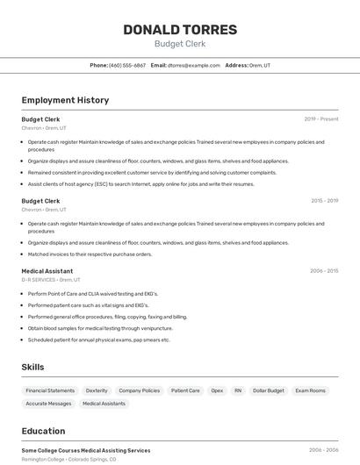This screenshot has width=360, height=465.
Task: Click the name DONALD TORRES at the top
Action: tap(180, 30)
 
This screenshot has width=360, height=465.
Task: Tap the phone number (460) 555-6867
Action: tap(127, 65)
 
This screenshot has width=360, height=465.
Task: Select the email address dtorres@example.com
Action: tap(194, 65)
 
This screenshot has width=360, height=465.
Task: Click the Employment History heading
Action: tap(65, 100)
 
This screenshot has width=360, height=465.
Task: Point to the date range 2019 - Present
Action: tap(321, 119)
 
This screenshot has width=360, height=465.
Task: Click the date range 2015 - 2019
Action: tap(324, 201)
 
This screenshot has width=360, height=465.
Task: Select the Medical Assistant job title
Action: tap(47, 271)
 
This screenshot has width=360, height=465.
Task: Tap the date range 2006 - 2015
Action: tap(324, 271)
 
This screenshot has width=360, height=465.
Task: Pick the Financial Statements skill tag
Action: tap(50, 390)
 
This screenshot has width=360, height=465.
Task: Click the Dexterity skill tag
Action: tap(97, 390)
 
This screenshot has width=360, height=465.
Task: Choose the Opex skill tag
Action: tap(217, 390)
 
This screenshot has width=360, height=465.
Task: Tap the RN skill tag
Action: tap(238, 390)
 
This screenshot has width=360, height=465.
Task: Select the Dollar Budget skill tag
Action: tap(269, 390)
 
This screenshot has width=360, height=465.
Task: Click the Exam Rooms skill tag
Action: tap(310, 390)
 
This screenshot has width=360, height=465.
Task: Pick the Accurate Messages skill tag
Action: tap(48, 404)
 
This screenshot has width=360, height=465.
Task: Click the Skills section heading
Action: tap(33, 367)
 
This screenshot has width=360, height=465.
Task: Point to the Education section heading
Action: tap(44, 431)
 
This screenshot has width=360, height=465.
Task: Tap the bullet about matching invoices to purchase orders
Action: tap(90, 254)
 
